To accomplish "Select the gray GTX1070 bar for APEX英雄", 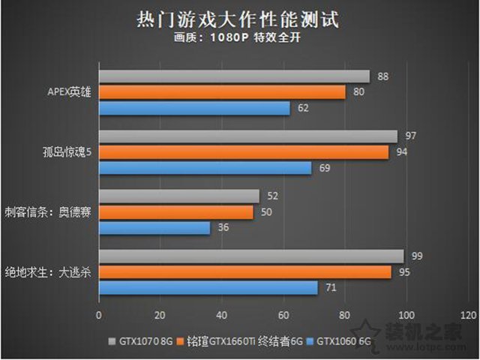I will coord(234,76).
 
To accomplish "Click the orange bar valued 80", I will coord(222,92).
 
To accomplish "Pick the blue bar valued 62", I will coord(194,108).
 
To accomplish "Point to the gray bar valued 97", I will coord(248,136).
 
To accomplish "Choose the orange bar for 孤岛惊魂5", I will coord(244,152).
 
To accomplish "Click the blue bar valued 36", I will coord(154,228).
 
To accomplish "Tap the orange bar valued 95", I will coord(245,272).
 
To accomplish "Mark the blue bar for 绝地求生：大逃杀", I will coord(208,288).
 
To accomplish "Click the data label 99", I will coord(417,256).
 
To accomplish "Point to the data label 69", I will coord(325,168).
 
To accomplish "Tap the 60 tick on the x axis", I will coord(283,313).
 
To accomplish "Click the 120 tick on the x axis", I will coord(468,313).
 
